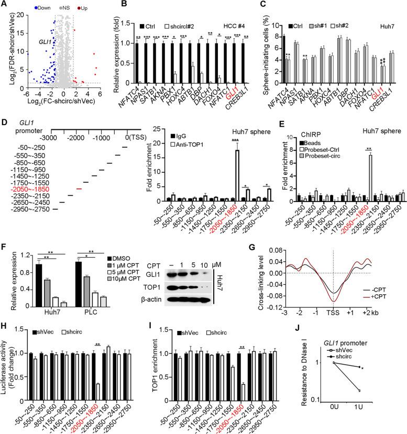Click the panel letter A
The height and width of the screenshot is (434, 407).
point(5,5)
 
